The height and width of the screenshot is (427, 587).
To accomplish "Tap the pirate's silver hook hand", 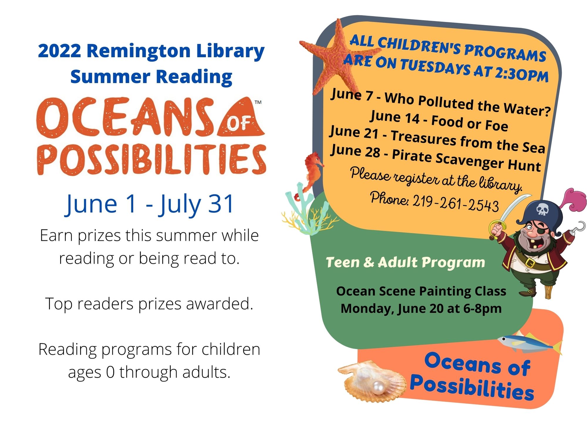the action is (x=578, y=228).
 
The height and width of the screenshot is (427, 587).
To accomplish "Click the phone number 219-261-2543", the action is (x=456, y=202).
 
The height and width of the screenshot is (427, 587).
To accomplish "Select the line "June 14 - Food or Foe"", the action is (x=439, y=120).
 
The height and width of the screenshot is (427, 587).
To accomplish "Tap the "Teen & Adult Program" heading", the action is (x=405, y=262).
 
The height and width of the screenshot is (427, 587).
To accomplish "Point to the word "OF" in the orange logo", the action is (x=238, y=124).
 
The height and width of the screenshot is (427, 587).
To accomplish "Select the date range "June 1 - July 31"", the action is (x=150, y=204).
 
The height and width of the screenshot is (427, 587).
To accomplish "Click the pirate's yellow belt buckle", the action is (x=530, y=262).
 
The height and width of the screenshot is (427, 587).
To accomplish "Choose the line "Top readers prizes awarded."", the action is (x=149, y=304).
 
